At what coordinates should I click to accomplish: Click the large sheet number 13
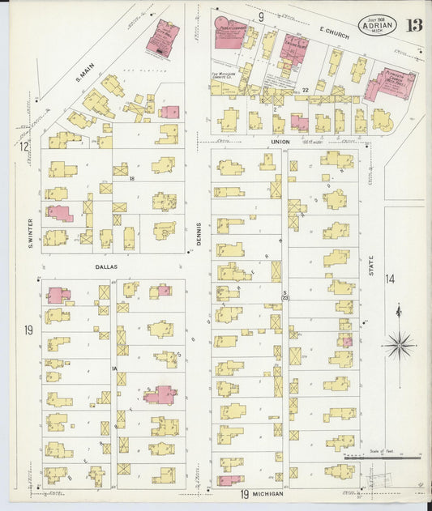414,23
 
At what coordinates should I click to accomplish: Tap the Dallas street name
106,266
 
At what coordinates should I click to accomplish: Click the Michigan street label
267,493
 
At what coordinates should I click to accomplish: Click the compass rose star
398,346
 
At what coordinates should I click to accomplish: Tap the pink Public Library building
229,36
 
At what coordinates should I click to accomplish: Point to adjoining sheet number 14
390,279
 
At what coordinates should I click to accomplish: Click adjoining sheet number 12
25,147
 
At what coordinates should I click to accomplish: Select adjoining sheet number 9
261,16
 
